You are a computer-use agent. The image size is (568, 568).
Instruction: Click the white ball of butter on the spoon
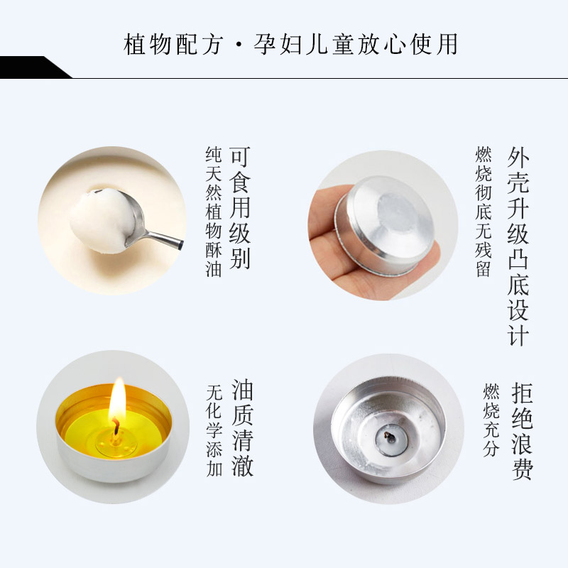pyautogui.click(x=102, y=220)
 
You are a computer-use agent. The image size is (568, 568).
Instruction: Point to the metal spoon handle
pyautogui.click(x=163, y=239)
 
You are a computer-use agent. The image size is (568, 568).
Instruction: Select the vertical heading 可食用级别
pyautogui.click(x=240, y=207)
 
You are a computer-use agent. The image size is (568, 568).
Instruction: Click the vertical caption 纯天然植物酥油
pyautogui.click(x=214, y=212)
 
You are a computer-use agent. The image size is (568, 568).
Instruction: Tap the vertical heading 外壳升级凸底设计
pyautogui.click(x=518, y=246)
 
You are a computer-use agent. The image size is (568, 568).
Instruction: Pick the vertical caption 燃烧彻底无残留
pyautogui.click(x=484, y=212)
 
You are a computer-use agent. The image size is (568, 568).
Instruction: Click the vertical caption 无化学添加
pyautogui.click(x=214, y=430)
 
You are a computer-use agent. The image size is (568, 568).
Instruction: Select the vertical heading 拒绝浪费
pyautogui.click(x=523, y=431)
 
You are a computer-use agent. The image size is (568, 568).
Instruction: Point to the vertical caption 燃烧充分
pyautogui.click(x=491, y=420)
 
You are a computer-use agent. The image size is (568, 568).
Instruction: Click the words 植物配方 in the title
pyautogui.click(x=173, y=45)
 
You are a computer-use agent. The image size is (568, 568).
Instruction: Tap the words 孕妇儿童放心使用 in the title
pyautogui.click(x=356, y=45)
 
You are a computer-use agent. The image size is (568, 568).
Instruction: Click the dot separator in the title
pyautogui.click(x=238, y=45)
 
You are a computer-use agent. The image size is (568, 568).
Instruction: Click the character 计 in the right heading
pyautogui.click(x=518, y=335)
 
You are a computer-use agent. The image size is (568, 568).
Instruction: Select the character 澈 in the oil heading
pyautogui.click(x=242, y=465)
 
